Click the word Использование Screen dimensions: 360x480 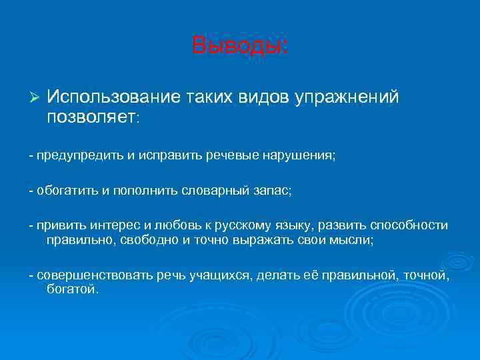tap(114, 97)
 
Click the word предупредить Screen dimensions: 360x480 tap(80, 155)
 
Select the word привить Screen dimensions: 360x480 tap(61, 226)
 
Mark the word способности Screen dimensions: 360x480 tap(407, 226)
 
